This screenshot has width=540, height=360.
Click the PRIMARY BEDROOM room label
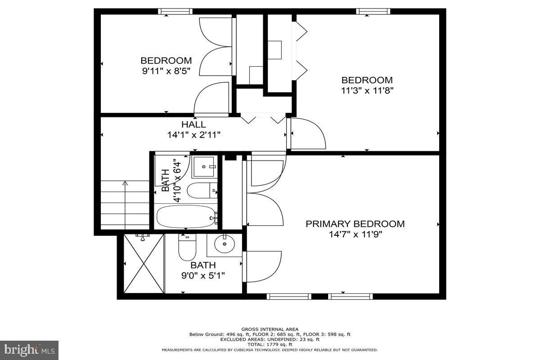click(x=355, y=224)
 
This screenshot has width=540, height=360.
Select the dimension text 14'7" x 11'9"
click(x=355, y=234)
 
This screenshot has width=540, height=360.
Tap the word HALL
click(x=193, y=124)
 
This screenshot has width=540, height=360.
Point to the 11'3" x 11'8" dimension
click(x=367, y=90)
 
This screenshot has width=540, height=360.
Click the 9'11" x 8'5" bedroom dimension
click(x=166, y=71)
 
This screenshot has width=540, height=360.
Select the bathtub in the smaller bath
click(x=186, y=217)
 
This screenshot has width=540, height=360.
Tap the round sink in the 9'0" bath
click(x=224, y=245)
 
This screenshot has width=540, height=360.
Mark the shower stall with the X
click(x=144, y=264)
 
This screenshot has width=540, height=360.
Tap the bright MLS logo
click(x=29, y=350)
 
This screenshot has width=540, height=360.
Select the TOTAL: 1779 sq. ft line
click(x=270, y=344)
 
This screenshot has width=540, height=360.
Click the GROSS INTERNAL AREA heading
click(x=270, y=329)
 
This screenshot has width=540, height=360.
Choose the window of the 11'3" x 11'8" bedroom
click(x=373, y=11)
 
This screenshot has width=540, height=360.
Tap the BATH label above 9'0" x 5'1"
click(x=203, y=265)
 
